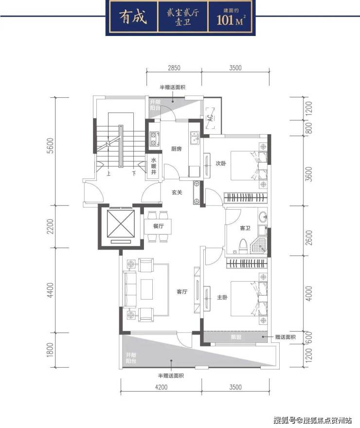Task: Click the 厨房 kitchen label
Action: [x=176, y=149]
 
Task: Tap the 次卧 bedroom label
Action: [x=221, y=163]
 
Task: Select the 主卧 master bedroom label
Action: [x=222, y=297]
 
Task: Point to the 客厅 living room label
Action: [x=182, y=291]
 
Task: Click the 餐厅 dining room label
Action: [x=158, y=226]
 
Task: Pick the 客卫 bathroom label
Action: [x=245, y=228]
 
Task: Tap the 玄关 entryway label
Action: [x=177, y=193]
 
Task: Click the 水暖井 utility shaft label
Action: [x=154, y=166]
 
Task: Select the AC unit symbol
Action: [x=210, y=118]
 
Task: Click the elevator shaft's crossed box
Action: [x=121, y=224]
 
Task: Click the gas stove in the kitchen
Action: [x=154, y=139]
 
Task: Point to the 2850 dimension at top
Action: [x=174, y=68]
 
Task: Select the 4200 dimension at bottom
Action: [x=161, y=387]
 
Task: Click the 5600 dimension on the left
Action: [x=50, y=146]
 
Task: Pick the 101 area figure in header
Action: [x=225, y=20]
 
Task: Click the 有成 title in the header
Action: [x=133, y=17]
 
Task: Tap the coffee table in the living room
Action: [x=146, y=289]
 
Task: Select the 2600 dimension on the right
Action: [x=309, y=237]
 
